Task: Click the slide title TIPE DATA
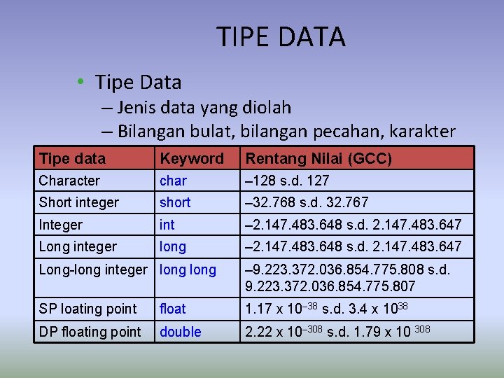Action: click(281, 37)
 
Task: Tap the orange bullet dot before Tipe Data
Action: click(82, 83)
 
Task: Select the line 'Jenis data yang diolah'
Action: click(204, 108)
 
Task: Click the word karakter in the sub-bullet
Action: click(421, 131)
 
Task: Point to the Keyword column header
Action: click(191, 158)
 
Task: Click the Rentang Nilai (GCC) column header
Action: click(318, 158)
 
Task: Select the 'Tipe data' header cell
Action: click(72, 158)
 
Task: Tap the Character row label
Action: click(69, 181)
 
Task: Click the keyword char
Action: click(173, 181)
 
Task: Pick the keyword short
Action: click(175, 202)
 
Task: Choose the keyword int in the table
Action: click(167, 225)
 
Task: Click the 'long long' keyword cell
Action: click(188, 269)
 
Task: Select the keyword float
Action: click(173, 309)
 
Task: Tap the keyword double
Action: click(180, 332)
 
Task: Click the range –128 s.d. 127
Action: click(286, 181)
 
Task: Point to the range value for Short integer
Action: click(306, 202)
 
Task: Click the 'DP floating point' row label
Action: click(90, 332)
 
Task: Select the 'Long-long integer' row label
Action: click(93, 269)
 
